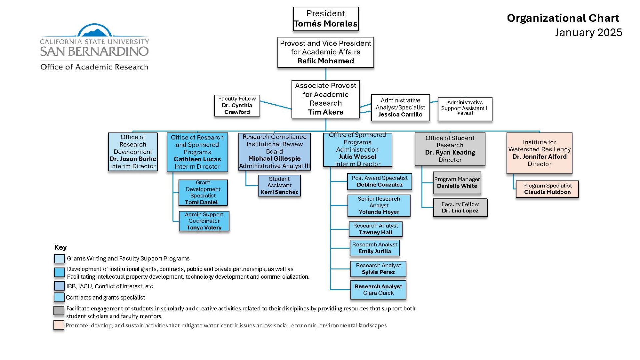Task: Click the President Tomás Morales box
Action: point(326,19)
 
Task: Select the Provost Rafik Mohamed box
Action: point(326,52)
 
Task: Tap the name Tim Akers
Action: point(326,112)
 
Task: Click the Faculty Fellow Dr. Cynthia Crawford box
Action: point(237,106)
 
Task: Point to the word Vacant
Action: point(465,113)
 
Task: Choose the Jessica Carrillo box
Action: point(400,108)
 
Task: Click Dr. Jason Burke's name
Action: point(133,159)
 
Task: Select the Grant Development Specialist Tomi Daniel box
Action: point(203,193)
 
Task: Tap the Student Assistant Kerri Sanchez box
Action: point(279,186)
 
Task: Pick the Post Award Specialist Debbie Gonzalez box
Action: point(380,182)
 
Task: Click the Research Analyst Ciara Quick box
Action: point(378,290)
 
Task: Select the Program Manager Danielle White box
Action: point(457,183)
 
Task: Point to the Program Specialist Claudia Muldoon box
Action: point(547,189)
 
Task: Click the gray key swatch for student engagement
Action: point(59,311)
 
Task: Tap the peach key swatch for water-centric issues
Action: point(59,325)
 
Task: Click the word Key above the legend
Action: point(60,247)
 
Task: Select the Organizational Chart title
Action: point(563,18)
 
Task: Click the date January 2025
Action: point(589,33)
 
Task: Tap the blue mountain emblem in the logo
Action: point(95,32)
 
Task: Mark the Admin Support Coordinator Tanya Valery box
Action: point(204,221)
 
